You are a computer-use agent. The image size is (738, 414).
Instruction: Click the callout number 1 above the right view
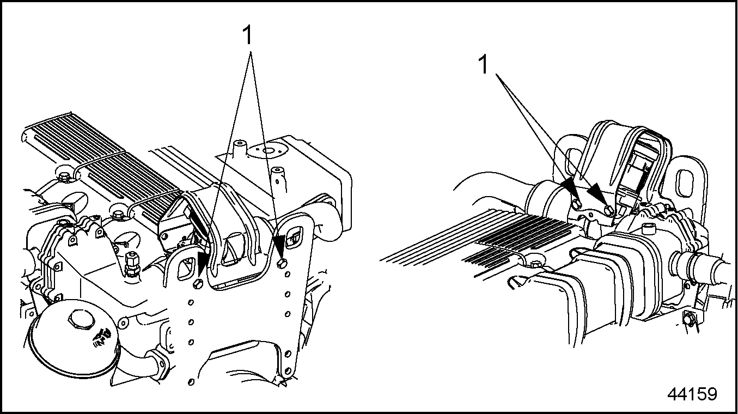(x=483, y=65)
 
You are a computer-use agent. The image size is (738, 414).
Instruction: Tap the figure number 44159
(x=692, y=393)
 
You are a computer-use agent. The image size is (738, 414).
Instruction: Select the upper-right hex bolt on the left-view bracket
(x=282, y=263)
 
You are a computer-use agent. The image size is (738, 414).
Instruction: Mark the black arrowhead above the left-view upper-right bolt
(x=279, y=247)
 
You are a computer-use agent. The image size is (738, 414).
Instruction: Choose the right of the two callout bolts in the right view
(x=609, y=211)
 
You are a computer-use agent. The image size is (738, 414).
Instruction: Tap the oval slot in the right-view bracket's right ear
(x=685, y=183)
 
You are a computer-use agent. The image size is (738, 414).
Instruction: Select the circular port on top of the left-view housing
(x=266, y=151)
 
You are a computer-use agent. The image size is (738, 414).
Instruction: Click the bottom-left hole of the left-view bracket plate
(x=191, y=382)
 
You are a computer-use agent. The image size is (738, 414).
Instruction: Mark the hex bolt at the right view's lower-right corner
(x=688, y=320)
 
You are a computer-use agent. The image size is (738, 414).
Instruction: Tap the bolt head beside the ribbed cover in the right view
(x=536, y=264)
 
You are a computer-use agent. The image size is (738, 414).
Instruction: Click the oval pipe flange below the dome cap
(x=157, y=364)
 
